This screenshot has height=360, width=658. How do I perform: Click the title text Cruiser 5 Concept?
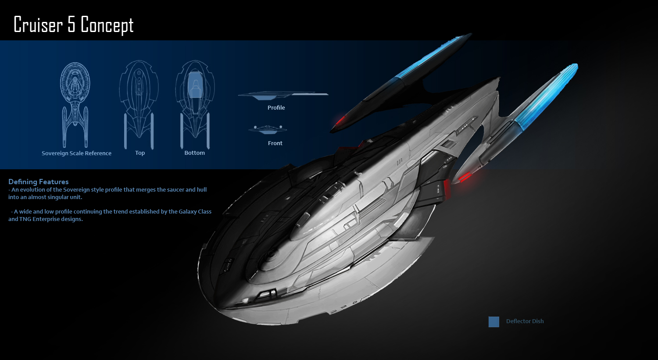(x=74, y=25)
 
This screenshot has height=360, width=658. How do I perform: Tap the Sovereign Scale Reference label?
(x=76, y=153)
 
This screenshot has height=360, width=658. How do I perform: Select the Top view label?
(x=140, y=153)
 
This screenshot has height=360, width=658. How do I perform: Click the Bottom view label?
(x=194, y=153)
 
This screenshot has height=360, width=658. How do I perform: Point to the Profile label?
(x=276, y=107)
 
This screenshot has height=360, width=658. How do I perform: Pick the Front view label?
(x=275, y=143)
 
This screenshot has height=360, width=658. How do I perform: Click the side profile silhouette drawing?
(x=283, y=95)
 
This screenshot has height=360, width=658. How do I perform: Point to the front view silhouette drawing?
(x=268, y=129)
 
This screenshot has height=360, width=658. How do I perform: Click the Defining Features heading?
(x=39, y=182)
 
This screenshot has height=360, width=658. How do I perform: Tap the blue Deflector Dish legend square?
(x=494, y=322)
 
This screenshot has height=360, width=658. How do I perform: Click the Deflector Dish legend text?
(x=525, y=321)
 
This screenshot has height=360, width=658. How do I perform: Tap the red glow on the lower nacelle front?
(x=464, y=177)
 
